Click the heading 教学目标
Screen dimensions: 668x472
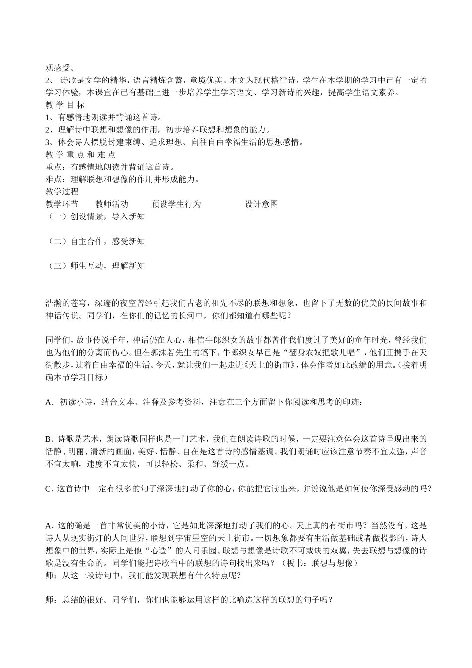tap(65, 105)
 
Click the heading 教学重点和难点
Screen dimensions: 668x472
tap(80, 155)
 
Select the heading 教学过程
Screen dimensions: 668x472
tap(62, 192)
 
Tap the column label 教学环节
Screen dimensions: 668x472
tap(62, 204)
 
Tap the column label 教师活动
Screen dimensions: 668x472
tap(112, 204)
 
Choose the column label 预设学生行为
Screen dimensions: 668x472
tap(176, 204)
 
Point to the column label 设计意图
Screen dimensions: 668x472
tap(261, 204)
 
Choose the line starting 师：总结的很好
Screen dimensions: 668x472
tap(189, 600)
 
